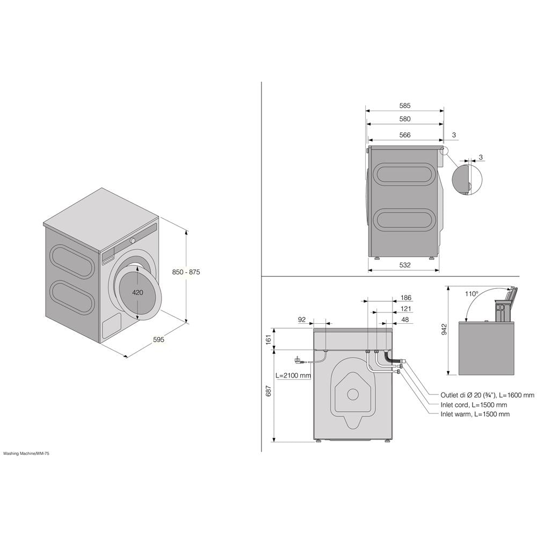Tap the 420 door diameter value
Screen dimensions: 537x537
[137, 293]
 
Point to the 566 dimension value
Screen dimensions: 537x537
[405, 135]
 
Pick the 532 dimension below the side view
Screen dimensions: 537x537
[405, 265]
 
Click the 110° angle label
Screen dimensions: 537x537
[472, 294]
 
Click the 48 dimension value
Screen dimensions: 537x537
[405, 320]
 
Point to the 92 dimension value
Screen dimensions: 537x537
[302, 320]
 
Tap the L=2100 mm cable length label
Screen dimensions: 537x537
[293, 375]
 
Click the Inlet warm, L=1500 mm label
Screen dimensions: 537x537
[475, 414]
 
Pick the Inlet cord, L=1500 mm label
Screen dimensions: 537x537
[474, 404]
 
